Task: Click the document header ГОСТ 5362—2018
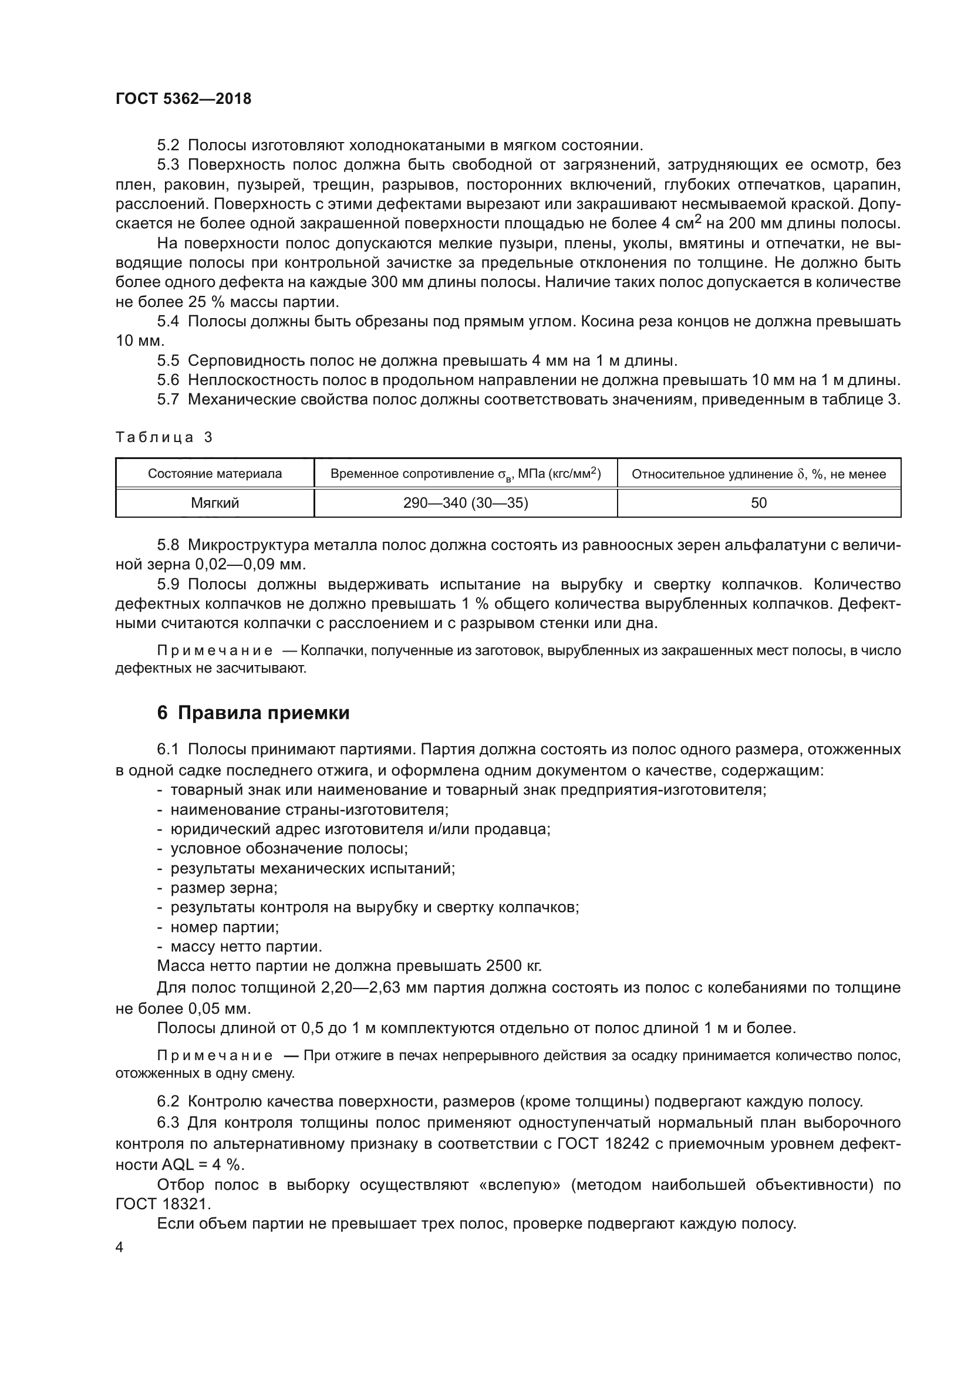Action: (183, 99)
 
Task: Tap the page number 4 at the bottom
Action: (120, 1247)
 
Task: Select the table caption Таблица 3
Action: (164, 437)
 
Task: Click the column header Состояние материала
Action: (215, 474)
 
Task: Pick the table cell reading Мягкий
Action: (215, 503)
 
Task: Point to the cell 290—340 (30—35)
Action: (465, 503)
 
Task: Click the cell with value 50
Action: (758, 503)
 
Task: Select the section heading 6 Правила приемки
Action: (253, 713)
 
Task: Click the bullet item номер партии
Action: (224, 927)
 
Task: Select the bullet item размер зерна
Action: (224, 888)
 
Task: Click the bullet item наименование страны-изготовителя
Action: (309, 809)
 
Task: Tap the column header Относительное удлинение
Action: (758, 474)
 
